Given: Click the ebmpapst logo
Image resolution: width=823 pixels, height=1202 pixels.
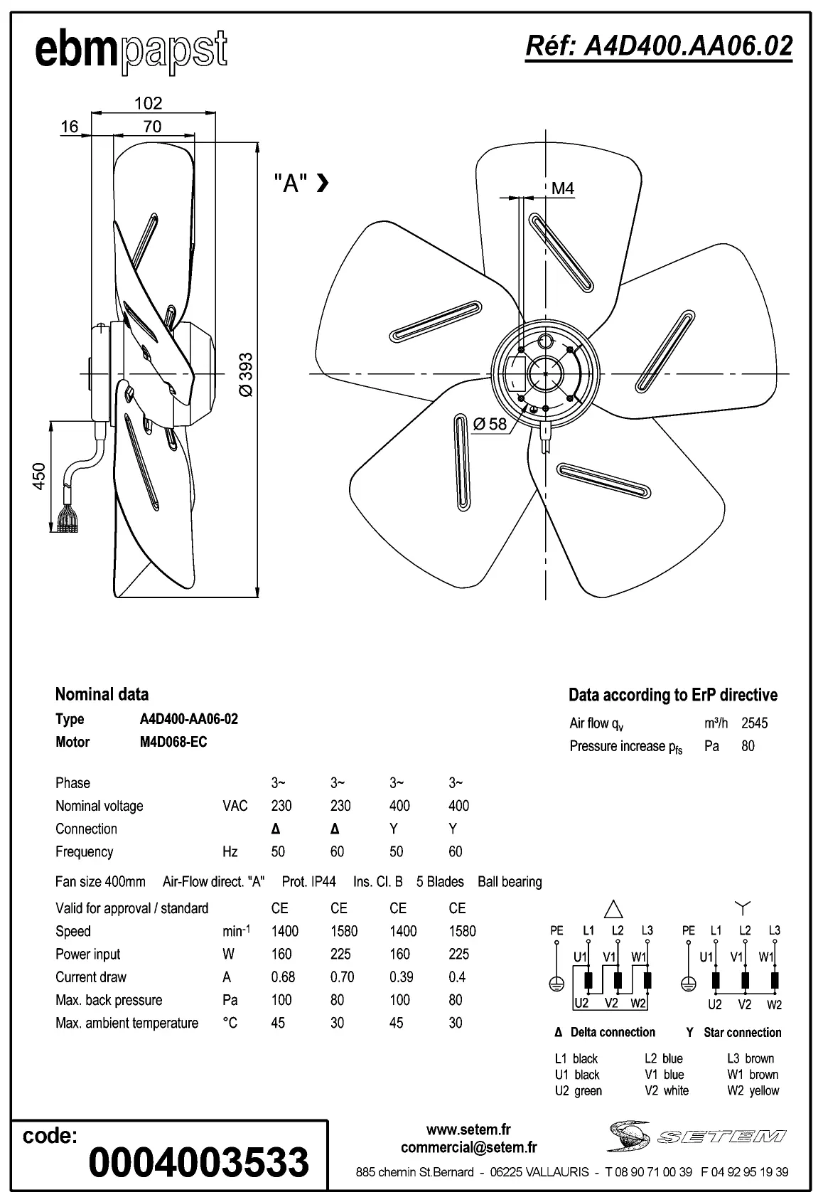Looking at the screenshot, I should click(131, 50).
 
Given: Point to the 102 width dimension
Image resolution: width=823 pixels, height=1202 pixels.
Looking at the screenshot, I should click(149, 103).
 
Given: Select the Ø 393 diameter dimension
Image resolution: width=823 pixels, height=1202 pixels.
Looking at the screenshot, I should click(245, 375).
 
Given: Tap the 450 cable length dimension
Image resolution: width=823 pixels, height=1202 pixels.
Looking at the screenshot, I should click(39, 476).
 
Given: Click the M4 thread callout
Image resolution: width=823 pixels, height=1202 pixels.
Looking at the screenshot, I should click(562, 188).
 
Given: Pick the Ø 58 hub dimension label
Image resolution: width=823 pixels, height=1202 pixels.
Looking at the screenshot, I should click(490, 424).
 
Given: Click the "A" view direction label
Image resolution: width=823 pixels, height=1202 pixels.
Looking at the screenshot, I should click(291, 183).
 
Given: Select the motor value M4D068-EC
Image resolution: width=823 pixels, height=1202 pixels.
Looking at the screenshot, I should click(173, 742).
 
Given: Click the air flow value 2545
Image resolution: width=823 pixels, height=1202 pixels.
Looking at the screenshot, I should click(754, 723).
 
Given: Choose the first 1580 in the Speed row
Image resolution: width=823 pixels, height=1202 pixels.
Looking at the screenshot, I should click(344, 931).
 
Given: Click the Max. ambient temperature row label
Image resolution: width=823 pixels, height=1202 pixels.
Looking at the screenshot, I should click(127, 1023).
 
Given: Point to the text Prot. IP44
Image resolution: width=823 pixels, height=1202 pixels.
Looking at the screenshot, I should click(308, 882).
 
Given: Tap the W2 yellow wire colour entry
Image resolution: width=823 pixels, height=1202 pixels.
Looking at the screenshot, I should click(753, 1090).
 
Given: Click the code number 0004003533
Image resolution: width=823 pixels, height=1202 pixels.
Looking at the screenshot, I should click(198, 1162).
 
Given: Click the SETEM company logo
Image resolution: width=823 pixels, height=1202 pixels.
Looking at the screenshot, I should click(696, 1136).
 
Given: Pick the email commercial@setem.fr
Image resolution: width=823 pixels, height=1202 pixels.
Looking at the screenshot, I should click(468, 1147).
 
